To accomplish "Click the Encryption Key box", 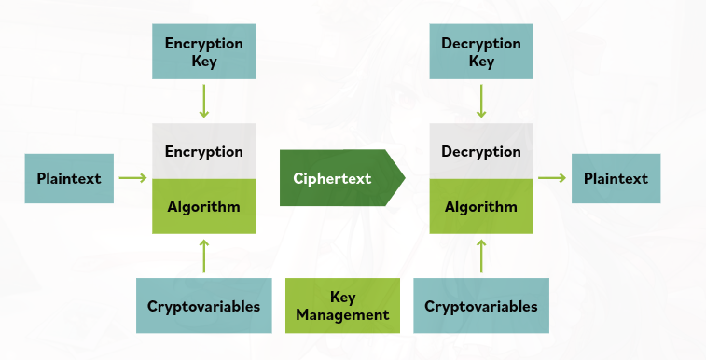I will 203,52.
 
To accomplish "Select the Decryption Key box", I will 481,52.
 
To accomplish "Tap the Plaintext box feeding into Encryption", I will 69,178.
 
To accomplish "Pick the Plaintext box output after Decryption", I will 616,178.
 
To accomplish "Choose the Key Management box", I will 342,306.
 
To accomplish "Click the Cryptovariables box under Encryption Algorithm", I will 203,306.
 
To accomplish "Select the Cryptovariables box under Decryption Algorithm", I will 481,306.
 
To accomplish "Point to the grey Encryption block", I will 203,151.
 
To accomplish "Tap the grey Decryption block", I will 481,151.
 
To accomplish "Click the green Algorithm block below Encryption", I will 203,206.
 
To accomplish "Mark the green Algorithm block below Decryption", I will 481,206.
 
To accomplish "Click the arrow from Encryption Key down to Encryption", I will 203,101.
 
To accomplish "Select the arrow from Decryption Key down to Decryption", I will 481,101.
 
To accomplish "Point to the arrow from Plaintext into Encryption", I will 133,177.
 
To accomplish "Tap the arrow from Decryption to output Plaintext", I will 552,177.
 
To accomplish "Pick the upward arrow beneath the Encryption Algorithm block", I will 203,255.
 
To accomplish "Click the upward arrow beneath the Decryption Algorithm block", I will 481,255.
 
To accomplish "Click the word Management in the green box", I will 342,315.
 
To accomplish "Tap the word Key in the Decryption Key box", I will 481,62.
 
